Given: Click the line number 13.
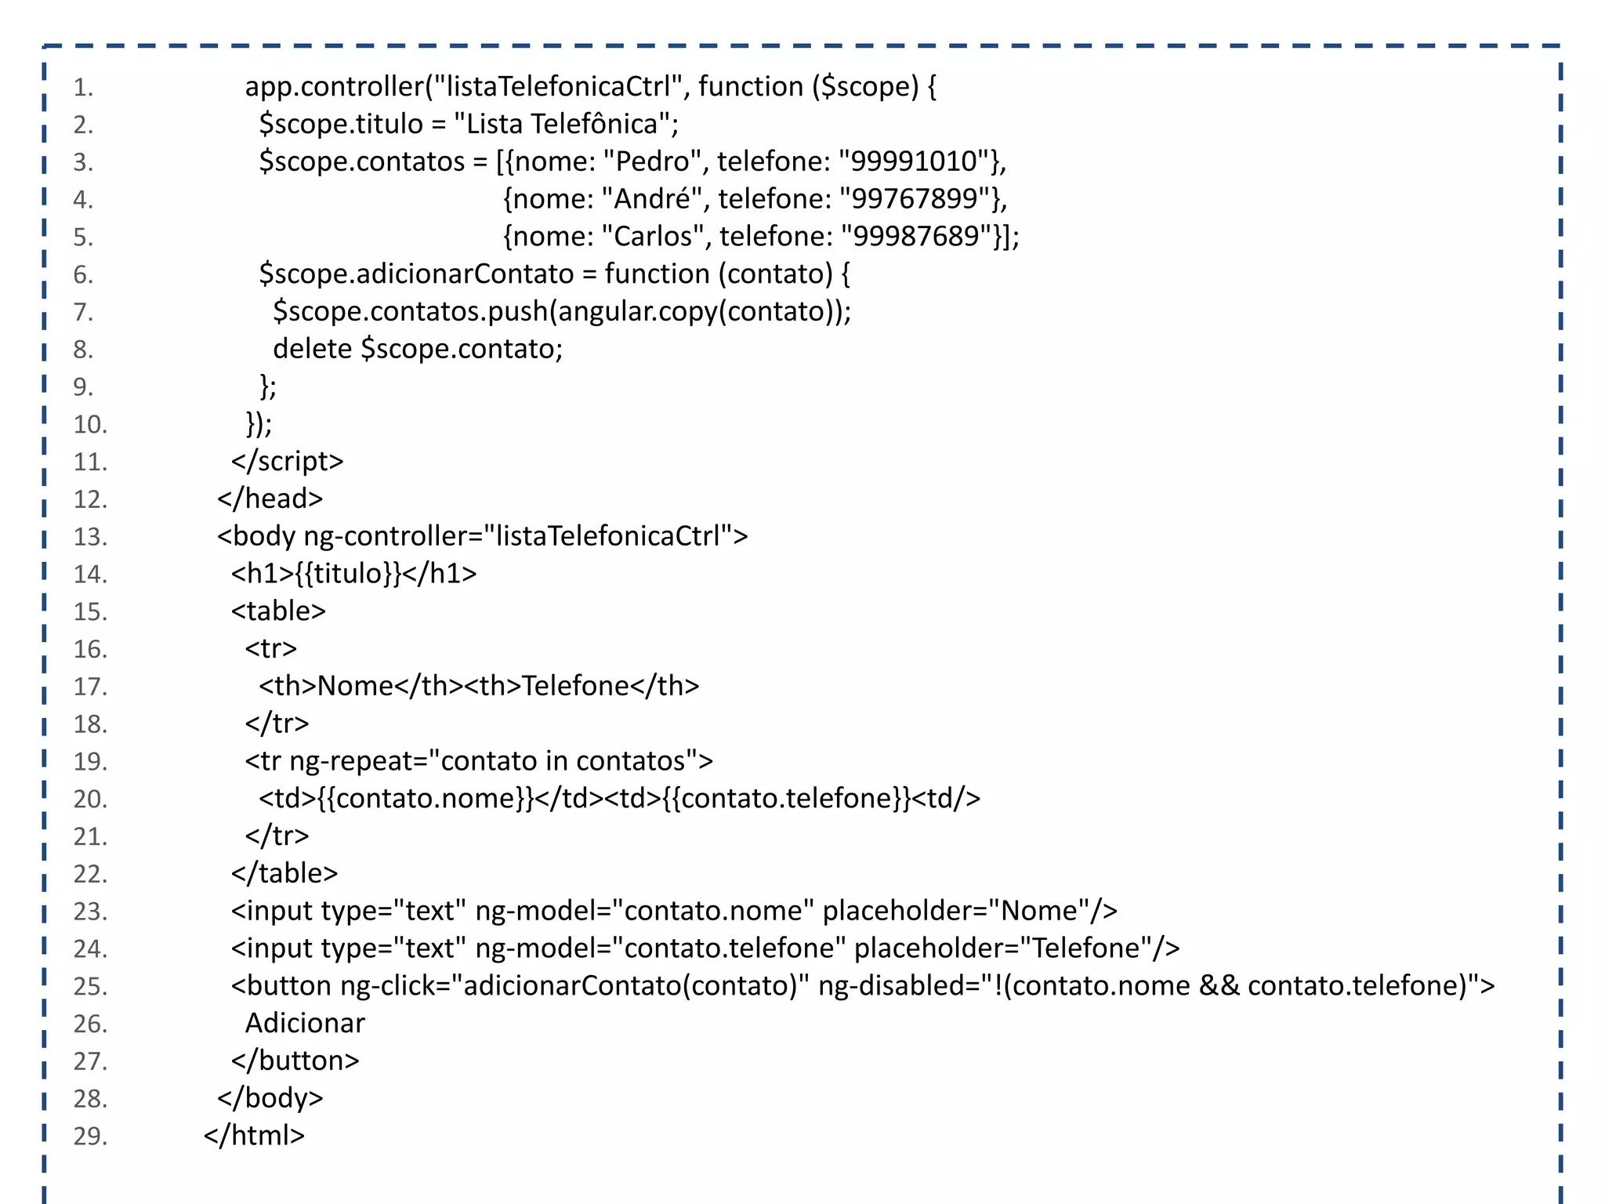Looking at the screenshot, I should [x=90, y=537].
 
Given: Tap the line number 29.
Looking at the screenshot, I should [x=90, y=1136].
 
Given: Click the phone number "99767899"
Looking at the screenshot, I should [x=915, y=199].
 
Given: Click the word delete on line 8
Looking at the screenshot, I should [x=312, y=349].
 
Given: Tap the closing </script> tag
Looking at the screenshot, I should [x=287, y=461].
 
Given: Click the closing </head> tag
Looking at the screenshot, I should [x=270, y=499].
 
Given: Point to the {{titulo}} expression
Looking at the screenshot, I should [x=349, y=574].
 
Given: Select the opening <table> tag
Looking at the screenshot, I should [x=278, y=611].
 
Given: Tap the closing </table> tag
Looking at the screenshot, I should [x=284, y=873].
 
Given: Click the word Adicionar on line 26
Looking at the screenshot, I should [x=305, y=1024].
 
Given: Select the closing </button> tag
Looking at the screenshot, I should [x=295, y=1061].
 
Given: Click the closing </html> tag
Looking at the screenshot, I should [x=254, y=1136].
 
